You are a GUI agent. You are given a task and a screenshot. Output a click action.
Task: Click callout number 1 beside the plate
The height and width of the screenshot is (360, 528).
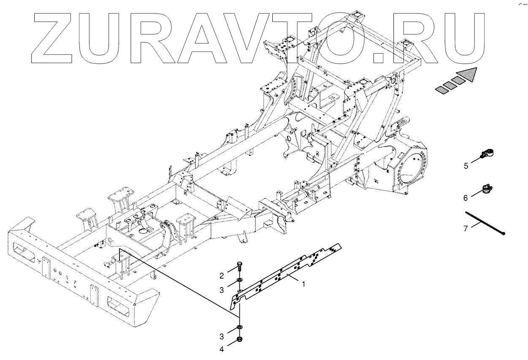pyautogui.click(x=303, y=284)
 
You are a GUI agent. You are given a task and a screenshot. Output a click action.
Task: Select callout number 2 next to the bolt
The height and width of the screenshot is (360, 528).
pyautogui.click(x=221, y=276)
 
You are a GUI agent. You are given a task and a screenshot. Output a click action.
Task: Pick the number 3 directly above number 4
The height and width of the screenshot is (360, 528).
pyautogui.click(x=221, y=336)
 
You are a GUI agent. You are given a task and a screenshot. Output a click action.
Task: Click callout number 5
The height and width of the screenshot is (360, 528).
pyautogui.click(x=466, y=166)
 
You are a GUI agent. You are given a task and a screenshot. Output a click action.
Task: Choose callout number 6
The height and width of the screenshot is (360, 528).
pyautogui.click(x=466, y=198)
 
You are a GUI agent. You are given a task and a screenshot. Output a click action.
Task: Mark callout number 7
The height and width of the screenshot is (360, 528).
pyautogui.click(x=466, y=228)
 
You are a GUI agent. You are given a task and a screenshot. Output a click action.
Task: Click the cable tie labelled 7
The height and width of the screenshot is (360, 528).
pyautogui.click(x=485, y=222)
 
